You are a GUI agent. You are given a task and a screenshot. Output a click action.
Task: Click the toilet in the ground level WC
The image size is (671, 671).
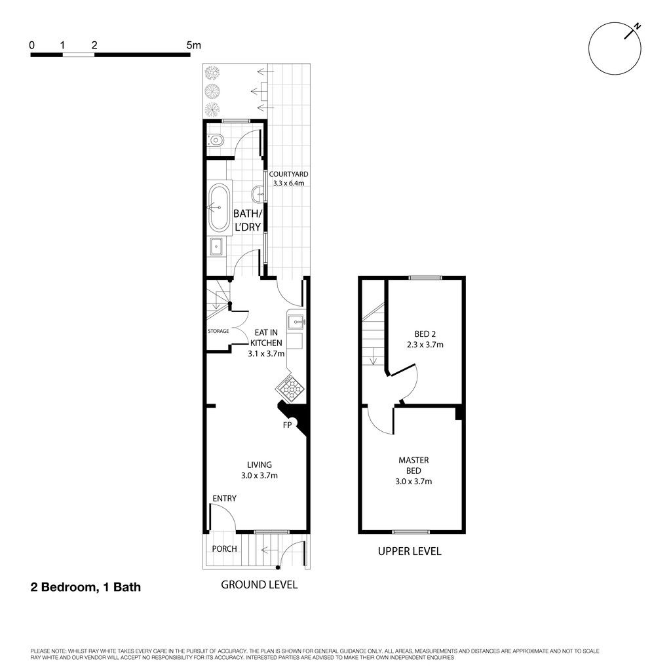pos(216,140)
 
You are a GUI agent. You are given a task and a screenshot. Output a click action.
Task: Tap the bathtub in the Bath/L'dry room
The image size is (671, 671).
pos(219,208)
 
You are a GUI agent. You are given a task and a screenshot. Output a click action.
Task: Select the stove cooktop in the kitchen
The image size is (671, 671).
pos(290,388)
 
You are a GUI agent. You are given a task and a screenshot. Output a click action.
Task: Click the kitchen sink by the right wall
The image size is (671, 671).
pos(296,321)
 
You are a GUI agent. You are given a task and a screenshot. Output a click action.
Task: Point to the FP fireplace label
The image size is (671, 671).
pos(287,425)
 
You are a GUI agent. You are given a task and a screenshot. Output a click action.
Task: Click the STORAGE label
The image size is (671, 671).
pos(218,331)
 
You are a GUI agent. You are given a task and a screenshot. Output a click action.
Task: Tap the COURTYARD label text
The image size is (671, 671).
pos(288,174)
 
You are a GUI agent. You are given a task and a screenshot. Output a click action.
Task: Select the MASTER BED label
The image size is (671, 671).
pos(413,465)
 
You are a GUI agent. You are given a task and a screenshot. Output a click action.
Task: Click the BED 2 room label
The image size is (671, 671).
pos(425,334)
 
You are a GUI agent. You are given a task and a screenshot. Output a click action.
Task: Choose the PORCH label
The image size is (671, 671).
pos(224,548)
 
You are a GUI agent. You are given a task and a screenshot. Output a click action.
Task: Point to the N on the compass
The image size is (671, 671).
pos(637,26)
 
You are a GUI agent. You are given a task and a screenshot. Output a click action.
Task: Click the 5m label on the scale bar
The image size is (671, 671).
pos(193,45)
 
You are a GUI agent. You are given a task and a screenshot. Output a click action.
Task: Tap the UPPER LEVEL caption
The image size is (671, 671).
pos(410,551)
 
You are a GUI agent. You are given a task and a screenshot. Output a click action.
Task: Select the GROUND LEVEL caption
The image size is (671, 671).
pos(259,585)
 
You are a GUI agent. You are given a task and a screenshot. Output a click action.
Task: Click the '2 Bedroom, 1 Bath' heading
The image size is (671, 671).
pos(86,586)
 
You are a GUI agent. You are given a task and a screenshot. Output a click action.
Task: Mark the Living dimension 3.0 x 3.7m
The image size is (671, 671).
pos(259,475)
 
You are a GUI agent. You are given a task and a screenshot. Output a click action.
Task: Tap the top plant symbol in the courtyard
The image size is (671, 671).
pos(212,73)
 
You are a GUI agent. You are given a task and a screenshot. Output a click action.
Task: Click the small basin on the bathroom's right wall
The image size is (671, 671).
pos(259,194)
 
